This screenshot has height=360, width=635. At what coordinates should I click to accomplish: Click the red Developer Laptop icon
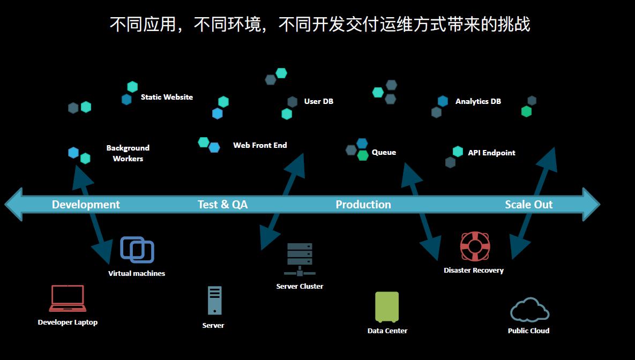(68, 298)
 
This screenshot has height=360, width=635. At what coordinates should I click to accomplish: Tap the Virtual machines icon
(137, 250)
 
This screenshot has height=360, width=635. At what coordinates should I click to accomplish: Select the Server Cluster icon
(300, 259)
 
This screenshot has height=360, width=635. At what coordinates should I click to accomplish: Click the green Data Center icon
(387, 306)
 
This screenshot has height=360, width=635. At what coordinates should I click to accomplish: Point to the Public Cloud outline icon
(529, 310)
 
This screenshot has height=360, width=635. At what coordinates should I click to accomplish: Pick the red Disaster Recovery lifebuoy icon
(475, 246)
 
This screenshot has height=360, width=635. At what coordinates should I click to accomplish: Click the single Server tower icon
(214, 301)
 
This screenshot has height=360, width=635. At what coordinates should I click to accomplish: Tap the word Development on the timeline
(86, 205)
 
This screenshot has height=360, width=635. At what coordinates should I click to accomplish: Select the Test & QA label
(222, 205)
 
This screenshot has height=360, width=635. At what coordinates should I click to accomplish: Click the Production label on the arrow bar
(363, 205)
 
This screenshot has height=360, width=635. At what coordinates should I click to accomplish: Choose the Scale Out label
(528, 205)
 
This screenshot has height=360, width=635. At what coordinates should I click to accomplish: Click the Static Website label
(167, 97)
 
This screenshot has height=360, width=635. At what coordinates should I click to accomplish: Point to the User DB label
(318, 101)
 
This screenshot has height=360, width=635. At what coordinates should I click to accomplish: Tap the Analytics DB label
(478, 101)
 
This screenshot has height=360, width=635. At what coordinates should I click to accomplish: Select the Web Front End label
(260, 145)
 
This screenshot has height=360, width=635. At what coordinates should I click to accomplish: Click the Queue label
(384, 152)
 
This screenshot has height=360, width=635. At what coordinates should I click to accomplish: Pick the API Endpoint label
(491, 153)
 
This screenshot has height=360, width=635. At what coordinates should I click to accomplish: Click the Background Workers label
(128, 153)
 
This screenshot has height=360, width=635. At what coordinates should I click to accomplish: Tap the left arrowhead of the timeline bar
(14, 204)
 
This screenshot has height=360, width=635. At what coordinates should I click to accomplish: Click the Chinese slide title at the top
(320, 25)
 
